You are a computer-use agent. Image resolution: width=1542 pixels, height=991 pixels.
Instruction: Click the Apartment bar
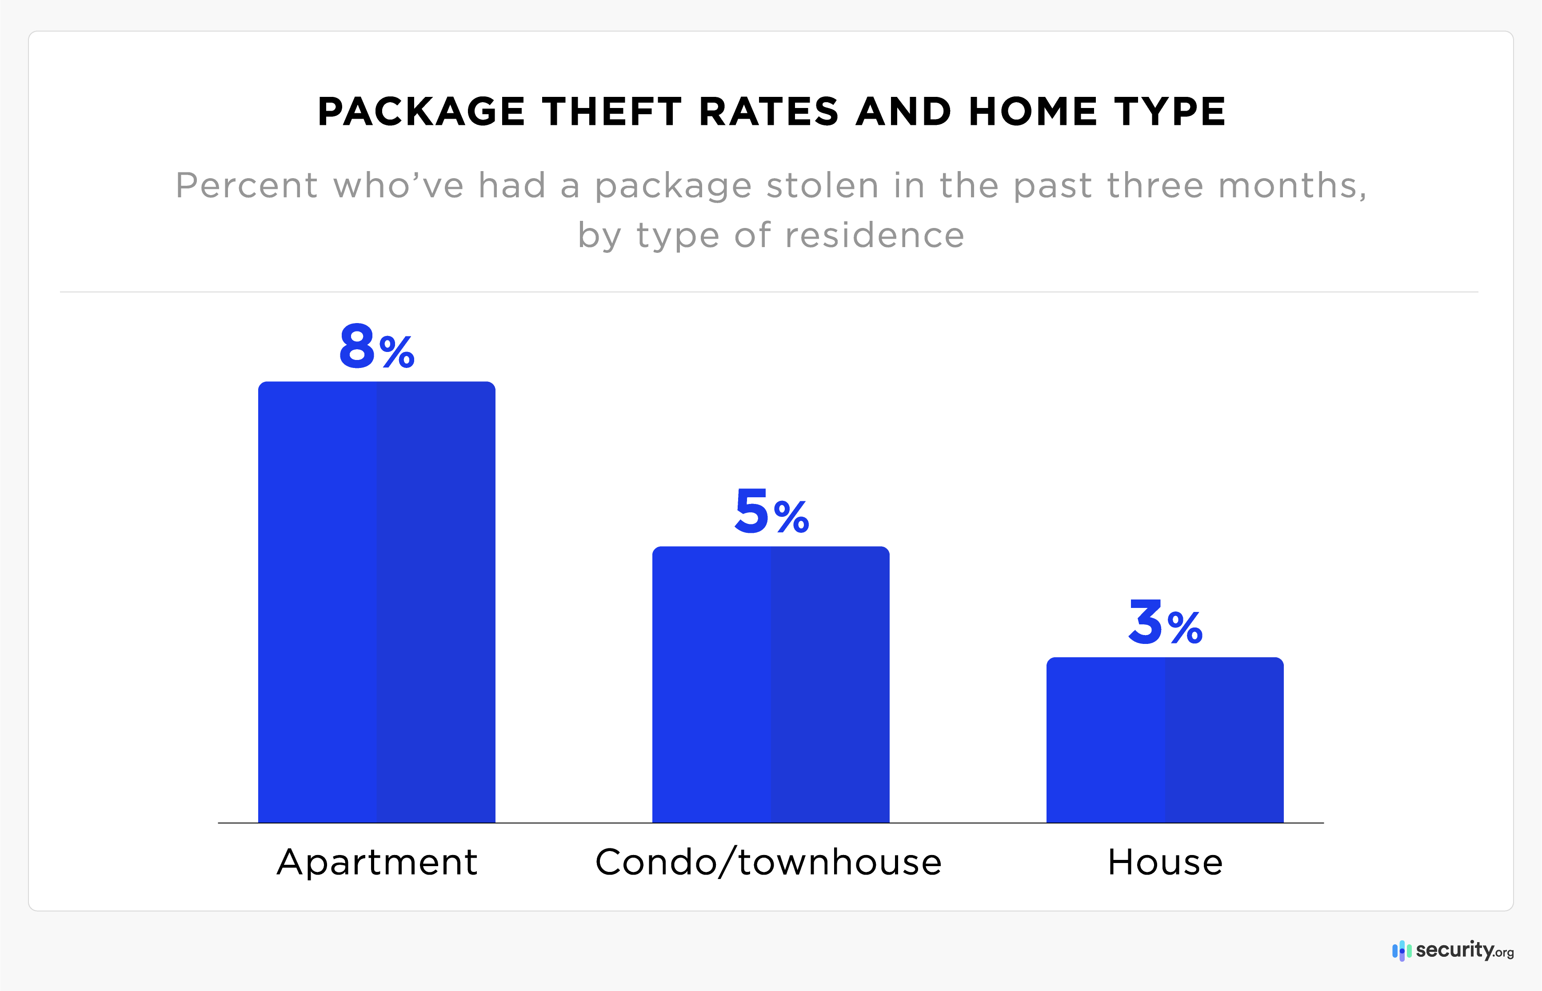tap(376, 602)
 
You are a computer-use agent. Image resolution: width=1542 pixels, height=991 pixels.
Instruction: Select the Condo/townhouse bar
tap(771, 684)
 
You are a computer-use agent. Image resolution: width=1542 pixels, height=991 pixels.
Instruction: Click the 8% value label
tap(376, 348)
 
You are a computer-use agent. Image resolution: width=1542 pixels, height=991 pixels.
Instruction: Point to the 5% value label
tap(771, 512)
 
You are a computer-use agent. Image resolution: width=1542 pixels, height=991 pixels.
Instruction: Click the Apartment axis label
tap(377, 862)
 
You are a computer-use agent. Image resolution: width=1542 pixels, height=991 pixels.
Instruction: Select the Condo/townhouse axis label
tap(769, 862)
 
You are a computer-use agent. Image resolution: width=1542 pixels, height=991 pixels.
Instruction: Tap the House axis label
tap(1165, 862)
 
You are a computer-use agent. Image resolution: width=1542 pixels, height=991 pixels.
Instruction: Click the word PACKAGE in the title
tap(421, 112)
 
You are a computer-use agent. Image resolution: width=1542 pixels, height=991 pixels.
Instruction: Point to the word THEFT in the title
tap(611, 112)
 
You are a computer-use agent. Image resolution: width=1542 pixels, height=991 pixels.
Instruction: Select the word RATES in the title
tap(769, 112)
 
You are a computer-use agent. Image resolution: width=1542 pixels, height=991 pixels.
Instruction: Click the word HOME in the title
tap(1032, 112)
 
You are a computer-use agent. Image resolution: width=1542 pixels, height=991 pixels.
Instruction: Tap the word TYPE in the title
tap(1170, 112)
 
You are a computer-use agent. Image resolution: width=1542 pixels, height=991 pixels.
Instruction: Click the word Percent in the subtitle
tap(246, 186)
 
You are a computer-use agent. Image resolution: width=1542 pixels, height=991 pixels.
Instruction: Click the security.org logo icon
tap(1401, 951)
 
